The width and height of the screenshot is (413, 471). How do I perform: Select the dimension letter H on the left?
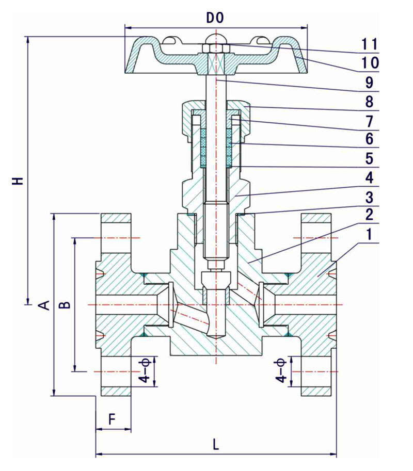click(x=19, y=181)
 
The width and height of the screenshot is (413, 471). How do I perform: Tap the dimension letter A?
click(x=45, y=304)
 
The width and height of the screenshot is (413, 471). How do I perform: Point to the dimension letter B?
click(x=66, y=304)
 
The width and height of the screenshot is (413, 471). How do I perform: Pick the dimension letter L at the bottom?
click(x=216, y=444)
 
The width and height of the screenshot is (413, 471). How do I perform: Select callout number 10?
click(x=369, y=63)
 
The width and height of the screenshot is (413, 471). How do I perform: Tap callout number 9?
click(x=370, y=83)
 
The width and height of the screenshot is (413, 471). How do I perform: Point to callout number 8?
click(x=370, y=102)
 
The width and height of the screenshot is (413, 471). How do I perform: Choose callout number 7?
click(x=370, y=121)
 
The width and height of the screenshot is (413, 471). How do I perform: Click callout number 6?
click(x=370, y=139)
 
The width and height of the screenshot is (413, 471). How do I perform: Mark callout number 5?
click(x=370, y=158)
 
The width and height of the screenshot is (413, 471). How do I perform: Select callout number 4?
click(x=370, y=177)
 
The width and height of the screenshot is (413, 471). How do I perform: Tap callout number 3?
click(x=370, y=197)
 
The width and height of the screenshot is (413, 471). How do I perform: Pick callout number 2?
click(x=370, y=215)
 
